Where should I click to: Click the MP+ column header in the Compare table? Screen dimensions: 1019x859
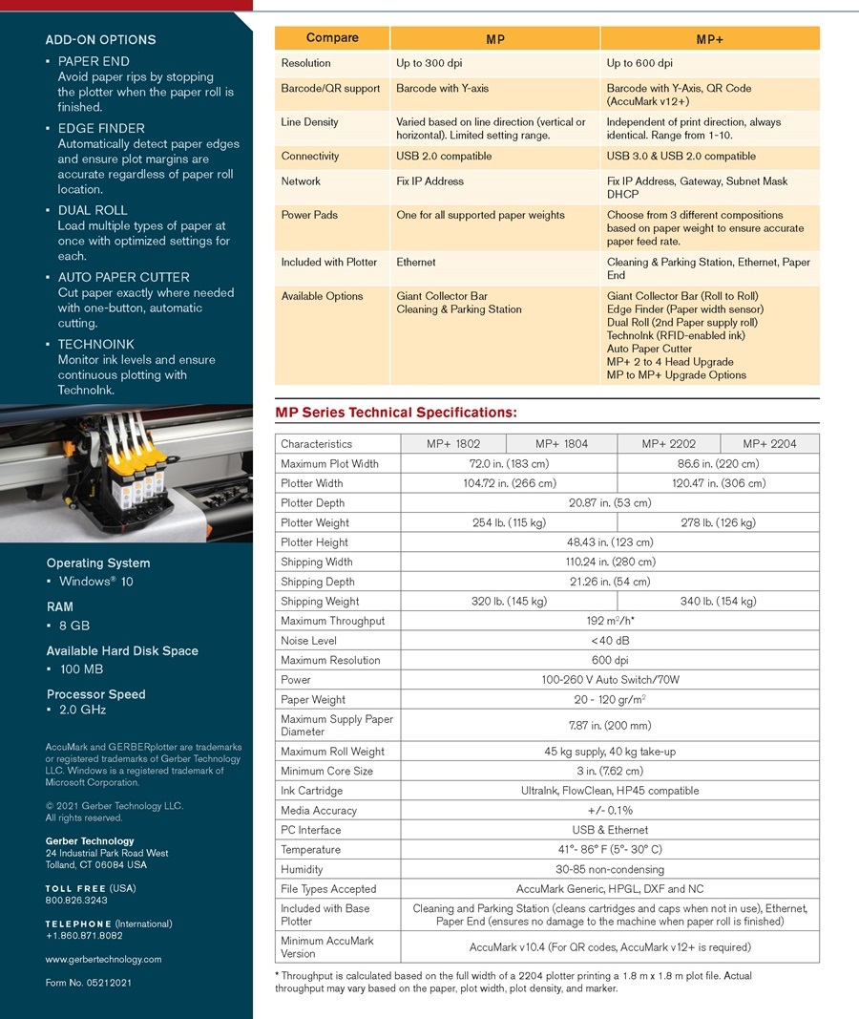(x=709, y=39)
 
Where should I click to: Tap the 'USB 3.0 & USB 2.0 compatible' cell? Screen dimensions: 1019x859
(x=681, y=156)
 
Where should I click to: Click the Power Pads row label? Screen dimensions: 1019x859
(x=309, y=215)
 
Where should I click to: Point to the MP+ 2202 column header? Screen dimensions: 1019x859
(x=668, y=443)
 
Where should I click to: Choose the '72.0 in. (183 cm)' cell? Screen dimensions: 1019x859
(x=507, y=463)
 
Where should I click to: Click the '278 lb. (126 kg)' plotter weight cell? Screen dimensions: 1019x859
(x=717, y=522)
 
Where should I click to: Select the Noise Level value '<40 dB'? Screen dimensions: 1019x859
(x=609, y=641)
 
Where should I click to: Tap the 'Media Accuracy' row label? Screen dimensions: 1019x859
(x=318, y=810)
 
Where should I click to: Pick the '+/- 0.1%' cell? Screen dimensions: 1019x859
(x=609, y=810)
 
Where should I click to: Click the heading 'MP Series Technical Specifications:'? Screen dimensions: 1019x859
(x=396, y=413)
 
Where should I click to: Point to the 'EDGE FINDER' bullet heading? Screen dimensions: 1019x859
(x=101, y=128)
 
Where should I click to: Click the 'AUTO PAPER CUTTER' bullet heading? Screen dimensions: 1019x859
(x=123, y=277)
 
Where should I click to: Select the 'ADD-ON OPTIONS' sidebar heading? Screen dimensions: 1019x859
(x=100, y=40)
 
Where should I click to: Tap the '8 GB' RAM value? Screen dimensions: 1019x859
(x=74, y=626)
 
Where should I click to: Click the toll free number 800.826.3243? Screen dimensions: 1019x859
(x=76, y=900)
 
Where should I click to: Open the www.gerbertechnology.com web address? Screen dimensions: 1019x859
(x=103, y=959)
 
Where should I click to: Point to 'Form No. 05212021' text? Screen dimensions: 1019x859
(x=88, y=982)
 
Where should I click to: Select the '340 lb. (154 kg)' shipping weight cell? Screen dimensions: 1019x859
(x=717, y=601)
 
